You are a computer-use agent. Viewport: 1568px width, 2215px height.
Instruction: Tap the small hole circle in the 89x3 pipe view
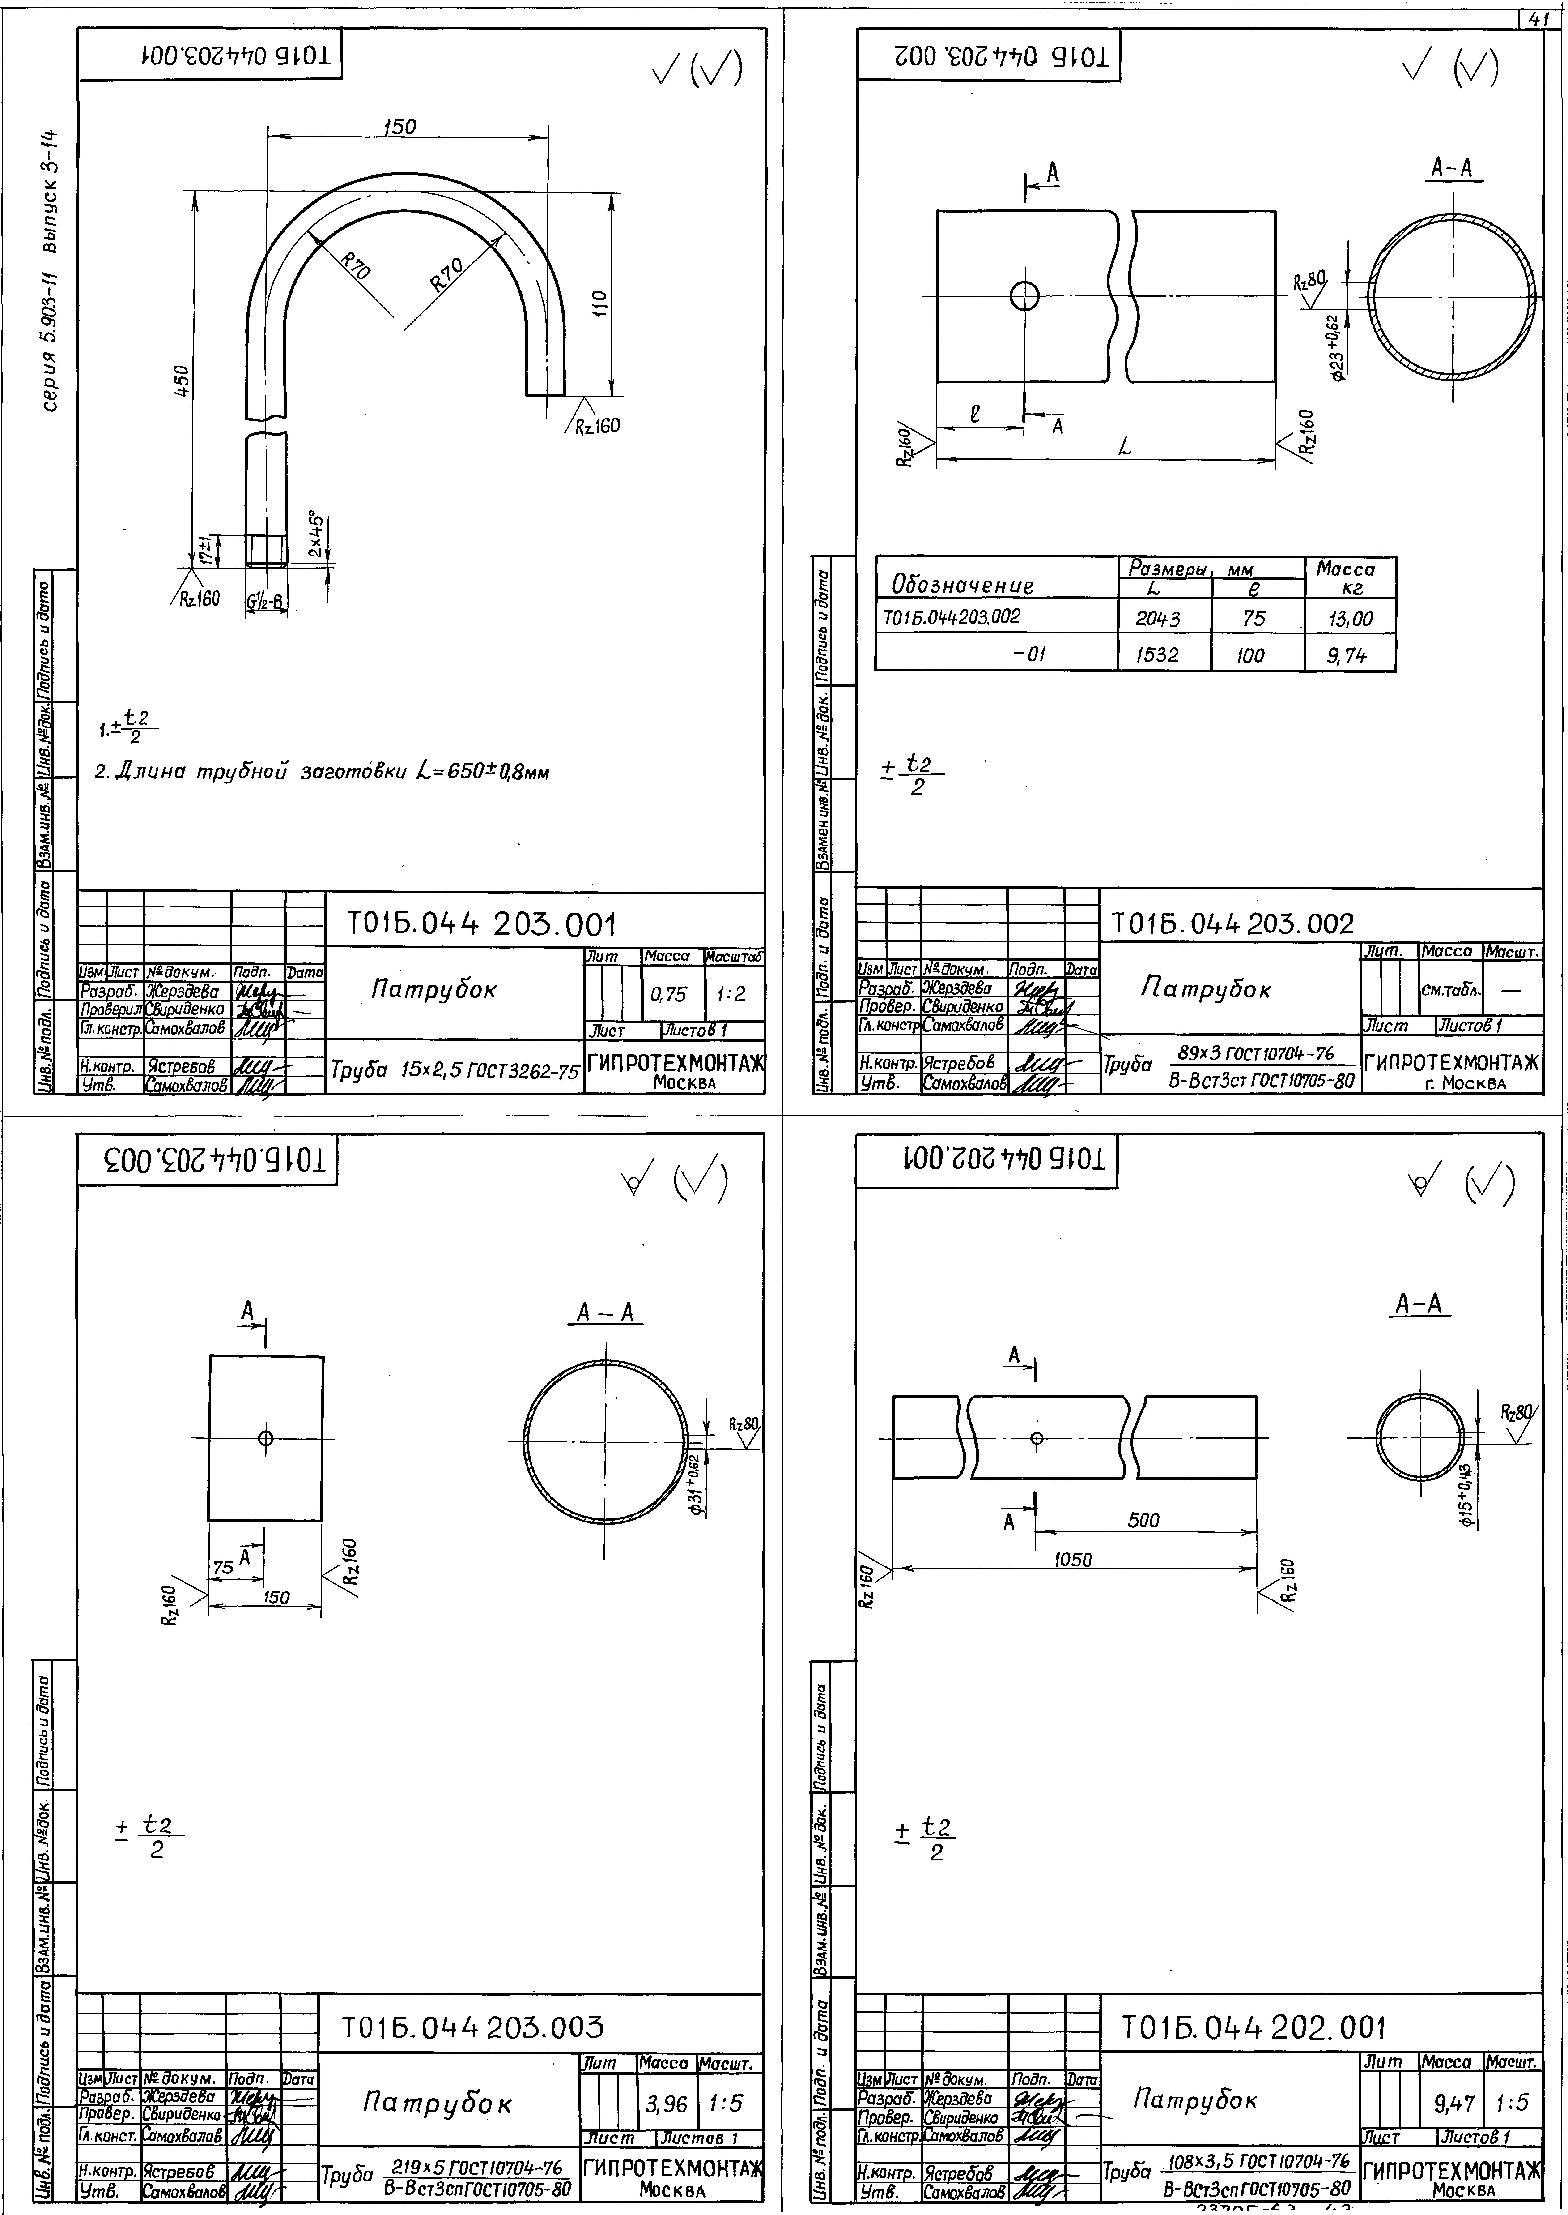coord(1024,295)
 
